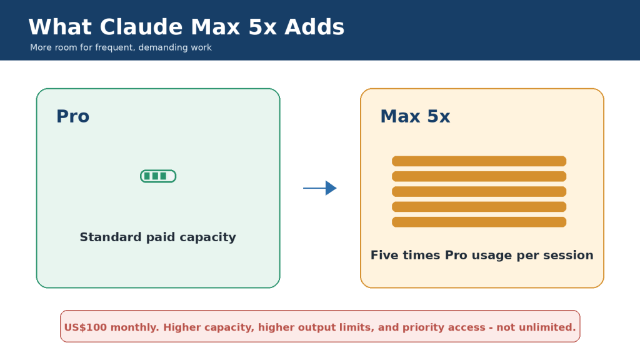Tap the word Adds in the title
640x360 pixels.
pos(314,27)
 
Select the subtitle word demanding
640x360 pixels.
pos(157,47)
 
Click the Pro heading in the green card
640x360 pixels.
pos(72,117)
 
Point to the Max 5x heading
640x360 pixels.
pos(415,117)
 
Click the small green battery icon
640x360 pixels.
pos(158,176)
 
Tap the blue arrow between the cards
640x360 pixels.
pos(319,188)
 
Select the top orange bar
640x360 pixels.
pos(479,161)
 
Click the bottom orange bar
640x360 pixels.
pos(479,222)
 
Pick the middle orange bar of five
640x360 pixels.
pos(479,191)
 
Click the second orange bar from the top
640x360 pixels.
pos(479,176)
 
